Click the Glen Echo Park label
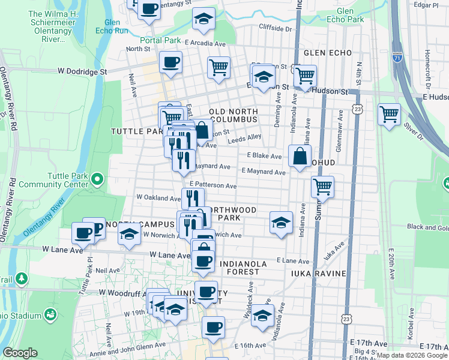pyautogui.click(x=351, y=15)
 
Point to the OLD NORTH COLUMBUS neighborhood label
pyautogui.click(x=234, y=116)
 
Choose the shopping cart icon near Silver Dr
pyautogui.click(x=389, y=113)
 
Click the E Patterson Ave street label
pyautogui.click(x=213, y=186)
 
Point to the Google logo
pyautogui.click(x=20, y=353)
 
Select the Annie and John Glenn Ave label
pyautogui.click(x=135, y=345)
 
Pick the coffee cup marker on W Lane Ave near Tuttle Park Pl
pyautogui.click(x=82, y=232)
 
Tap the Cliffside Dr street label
pyautogui.click(x=276, y=28)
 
